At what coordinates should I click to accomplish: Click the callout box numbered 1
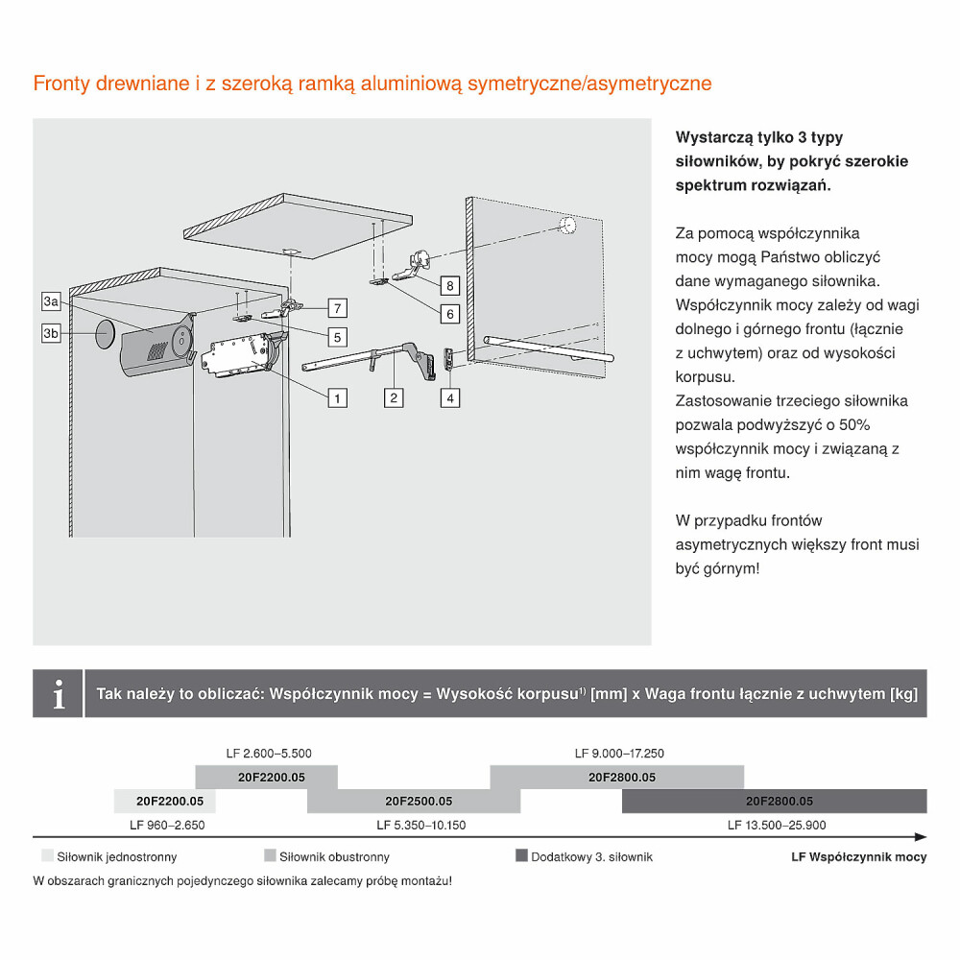coord(336,396)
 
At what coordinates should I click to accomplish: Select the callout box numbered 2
coord(394,396)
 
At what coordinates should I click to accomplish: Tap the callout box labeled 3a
coord(52,301)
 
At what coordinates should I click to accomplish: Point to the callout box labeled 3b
coord(52,333)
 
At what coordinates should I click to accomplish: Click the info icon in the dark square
coord(59,693)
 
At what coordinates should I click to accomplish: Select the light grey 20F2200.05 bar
coord(164,801)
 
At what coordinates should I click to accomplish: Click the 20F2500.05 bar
coord(418,801)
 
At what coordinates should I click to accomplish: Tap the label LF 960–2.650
coord(167,825)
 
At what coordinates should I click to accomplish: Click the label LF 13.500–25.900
coord(777,825)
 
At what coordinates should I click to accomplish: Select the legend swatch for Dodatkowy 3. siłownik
coord(522,855)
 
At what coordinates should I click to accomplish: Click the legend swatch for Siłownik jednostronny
coord(47,855)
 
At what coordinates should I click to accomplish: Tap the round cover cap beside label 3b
coord(105,336)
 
